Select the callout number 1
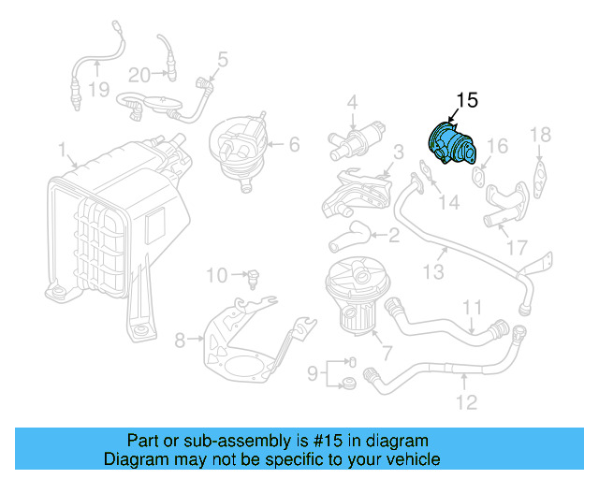(62, 150)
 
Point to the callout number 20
(139, 75)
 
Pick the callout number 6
(293, 144)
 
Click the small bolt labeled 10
(253, 276)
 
